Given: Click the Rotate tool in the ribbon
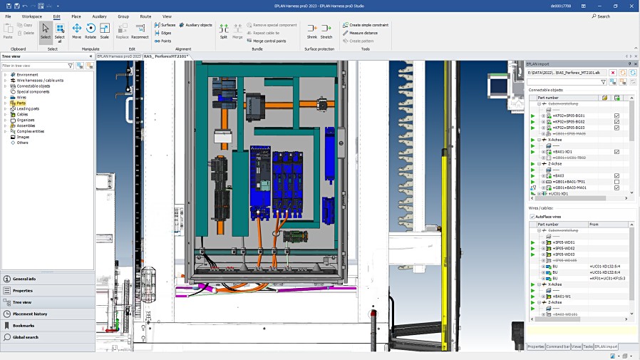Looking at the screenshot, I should point(91,31).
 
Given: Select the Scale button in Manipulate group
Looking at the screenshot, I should point(104,31).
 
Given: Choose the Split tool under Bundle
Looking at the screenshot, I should point(223,31).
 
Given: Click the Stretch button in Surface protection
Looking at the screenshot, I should point(326,31).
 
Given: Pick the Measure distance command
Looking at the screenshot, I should point(363,33).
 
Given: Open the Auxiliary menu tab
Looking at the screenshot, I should point(99,16).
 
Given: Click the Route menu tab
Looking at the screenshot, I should point(145,16).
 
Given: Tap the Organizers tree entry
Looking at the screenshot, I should point(26,120).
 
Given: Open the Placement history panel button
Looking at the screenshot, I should point(30,314).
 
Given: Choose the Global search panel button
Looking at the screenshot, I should point(26,337).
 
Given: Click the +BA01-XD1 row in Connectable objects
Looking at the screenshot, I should point(563,152).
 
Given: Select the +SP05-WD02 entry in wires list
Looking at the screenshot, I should point(564,248).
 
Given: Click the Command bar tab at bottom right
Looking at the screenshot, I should point(557,346).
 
